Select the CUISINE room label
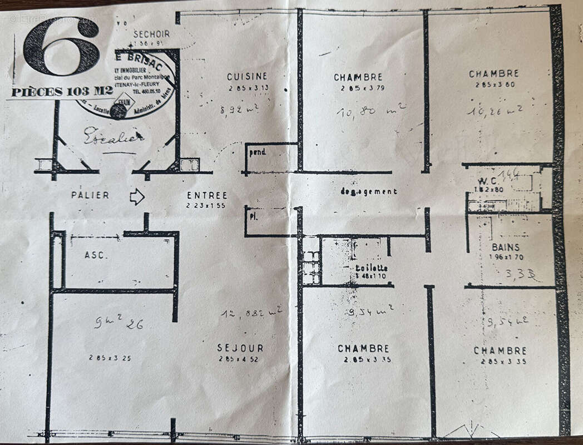point(247,77)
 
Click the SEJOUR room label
point(240,348)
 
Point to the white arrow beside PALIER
point(137,196)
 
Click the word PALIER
point(90,195)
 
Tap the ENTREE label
point(207,196)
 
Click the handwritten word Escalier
point(113,136)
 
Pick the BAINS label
point(505,248)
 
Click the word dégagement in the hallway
point(369,191)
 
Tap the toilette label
point(372,268)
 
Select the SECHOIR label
point(151,34)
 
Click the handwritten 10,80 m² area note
point(370,110)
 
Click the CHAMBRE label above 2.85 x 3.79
point(358,77)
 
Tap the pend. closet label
point(258,152)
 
